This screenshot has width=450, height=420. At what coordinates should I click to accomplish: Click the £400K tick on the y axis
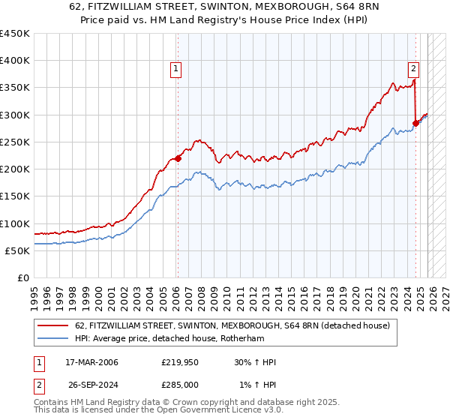[x=15, y=61]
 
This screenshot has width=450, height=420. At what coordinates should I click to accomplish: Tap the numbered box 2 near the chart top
[x=413, y=69]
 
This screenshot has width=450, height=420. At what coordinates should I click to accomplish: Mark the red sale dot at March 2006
[x=178, y=158]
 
